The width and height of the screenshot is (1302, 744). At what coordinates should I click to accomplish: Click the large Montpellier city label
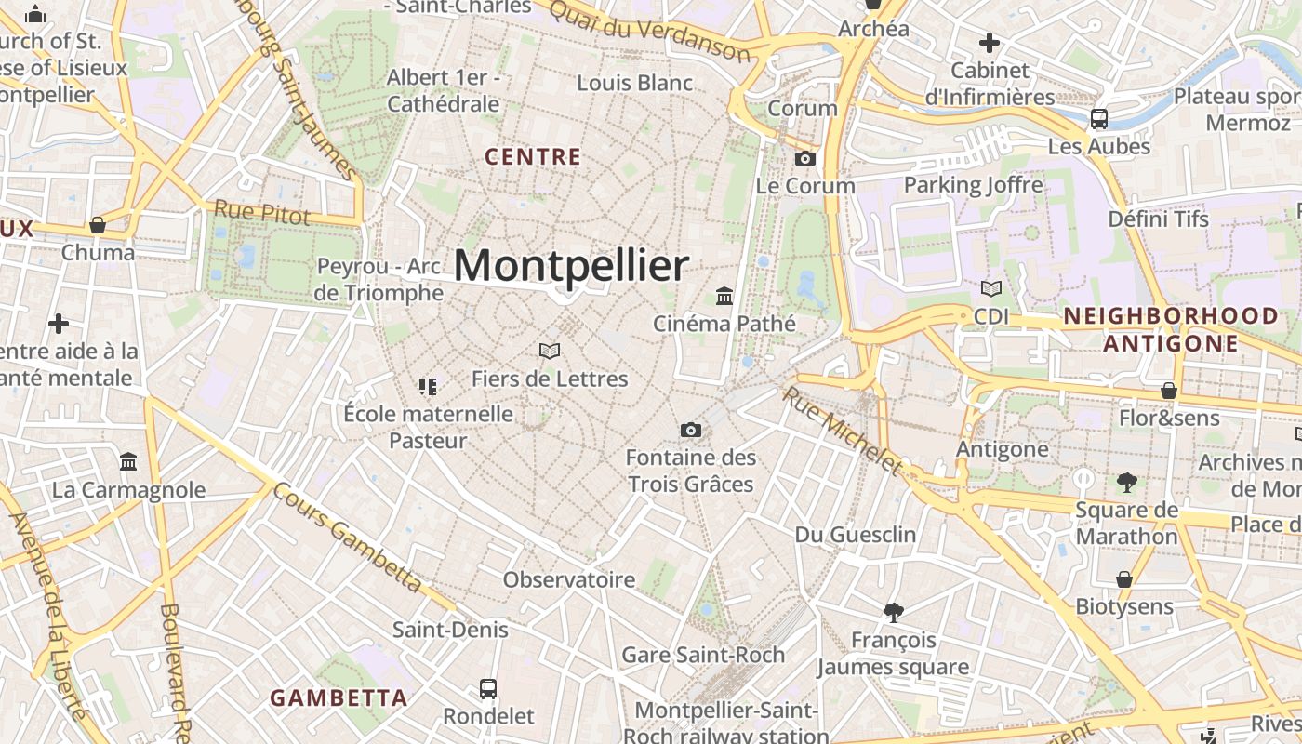571,266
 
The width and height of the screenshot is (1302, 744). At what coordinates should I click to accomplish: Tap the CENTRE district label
533,157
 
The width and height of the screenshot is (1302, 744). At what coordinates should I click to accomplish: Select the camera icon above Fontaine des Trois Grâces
690,430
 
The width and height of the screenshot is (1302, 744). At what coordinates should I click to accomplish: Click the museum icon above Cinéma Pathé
724,296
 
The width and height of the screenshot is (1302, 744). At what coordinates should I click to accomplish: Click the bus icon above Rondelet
488,689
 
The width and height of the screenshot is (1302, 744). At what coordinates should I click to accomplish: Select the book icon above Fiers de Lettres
550,351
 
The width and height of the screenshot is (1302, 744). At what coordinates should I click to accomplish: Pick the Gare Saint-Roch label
703,655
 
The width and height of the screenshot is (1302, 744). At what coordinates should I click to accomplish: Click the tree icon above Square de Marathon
1127,482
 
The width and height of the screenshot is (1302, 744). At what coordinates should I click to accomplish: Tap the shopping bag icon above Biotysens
1124,579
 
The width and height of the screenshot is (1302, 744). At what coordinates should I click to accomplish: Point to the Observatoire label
569,579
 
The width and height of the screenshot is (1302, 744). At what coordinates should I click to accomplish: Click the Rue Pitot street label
262,212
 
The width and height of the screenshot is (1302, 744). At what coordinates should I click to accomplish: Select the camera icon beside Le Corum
805,159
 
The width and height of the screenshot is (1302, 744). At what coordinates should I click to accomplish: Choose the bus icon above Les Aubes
1099,118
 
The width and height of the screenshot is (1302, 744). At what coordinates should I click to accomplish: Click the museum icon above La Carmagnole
128,462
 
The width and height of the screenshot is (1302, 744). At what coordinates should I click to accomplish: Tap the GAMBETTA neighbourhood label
339,697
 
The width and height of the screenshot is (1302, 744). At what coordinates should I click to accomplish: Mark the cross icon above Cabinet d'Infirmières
990,42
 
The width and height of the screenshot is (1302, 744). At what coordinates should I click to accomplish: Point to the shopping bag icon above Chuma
98,225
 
